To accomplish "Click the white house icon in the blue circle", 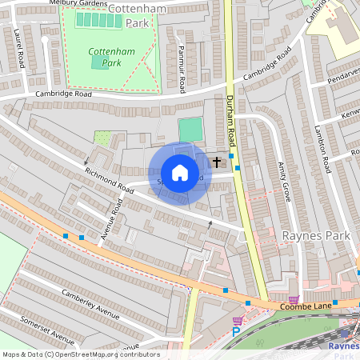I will tap(180, 173).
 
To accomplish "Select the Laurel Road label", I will tap(18, 46).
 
